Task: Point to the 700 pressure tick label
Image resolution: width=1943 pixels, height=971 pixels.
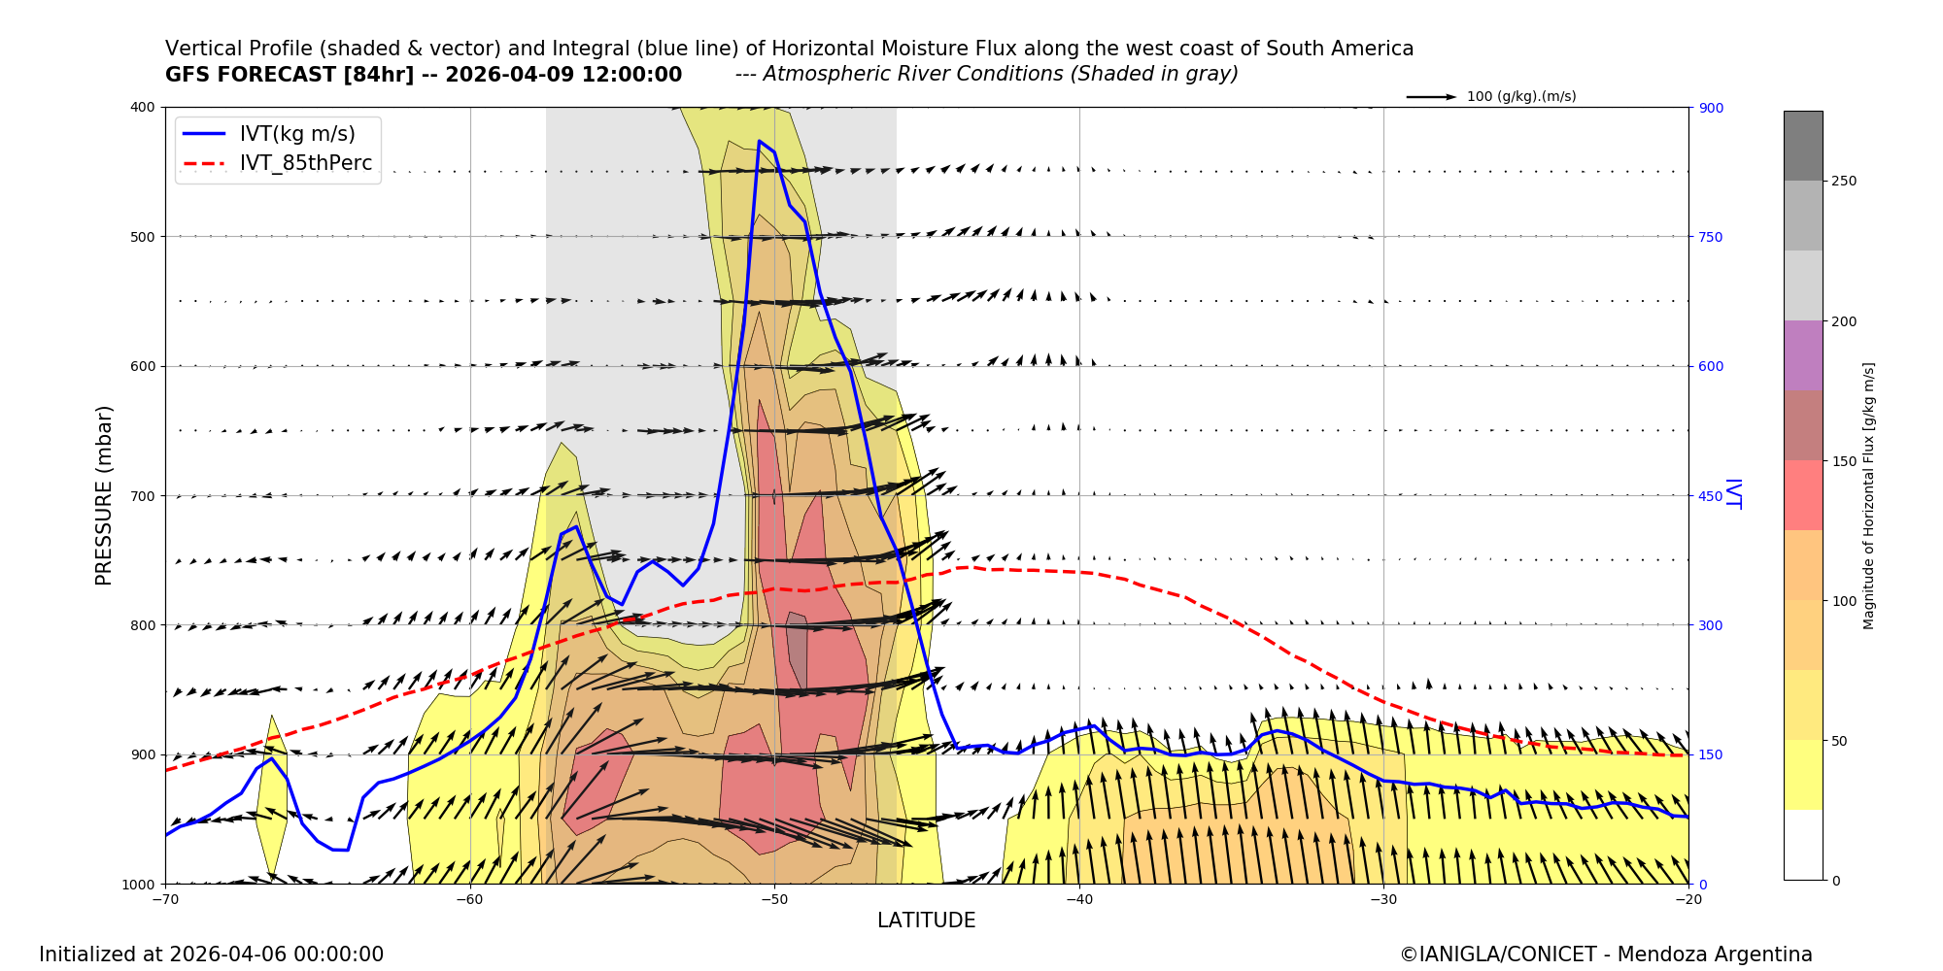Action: tap(142, 496)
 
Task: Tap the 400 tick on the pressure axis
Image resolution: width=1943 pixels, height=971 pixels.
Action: tap(142, 108)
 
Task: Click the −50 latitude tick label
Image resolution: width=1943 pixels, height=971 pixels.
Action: tap(773, 899)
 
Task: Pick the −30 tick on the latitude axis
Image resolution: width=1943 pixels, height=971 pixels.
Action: tap(1382, 899)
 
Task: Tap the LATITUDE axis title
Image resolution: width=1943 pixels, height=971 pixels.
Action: tap(926, 921)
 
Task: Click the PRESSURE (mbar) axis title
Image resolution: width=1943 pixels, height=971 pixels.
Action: tap(104, 495)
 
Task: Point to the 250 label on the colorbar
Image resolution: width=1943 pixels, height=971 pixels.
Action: tap(1844, 182)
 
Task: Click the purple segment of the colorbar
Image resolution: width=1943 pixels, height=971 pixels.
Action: tap(1803, 355)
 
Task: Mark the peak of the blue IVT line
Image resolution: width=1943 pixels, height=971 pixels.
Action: tap(760, 142)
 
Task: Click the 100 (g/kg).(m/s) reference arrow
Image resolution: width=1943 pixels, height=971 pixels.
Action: tap(1431, 97)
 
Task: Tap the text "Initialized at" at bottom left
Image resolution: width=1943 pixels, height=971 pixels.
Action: tap(101, 954)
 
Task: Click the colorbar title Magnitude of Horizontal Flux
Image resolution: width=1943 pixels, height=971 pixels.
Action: tap(1868, 495)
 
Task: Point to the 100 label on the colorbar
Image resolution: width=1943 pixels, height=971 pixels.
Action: tap(1844, 601)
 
